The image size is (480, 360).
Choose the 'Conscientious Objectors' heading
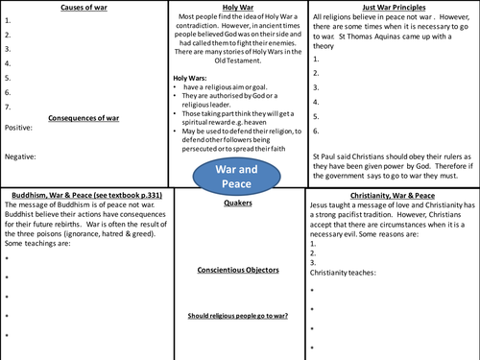[240, 270]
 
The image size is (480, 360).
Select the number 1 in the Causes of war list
[7, 19]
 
